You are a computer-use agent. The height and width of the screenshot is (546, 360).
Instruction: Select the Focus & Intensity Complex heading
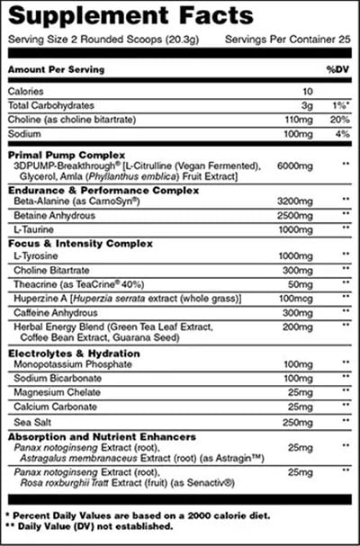coord(67,243)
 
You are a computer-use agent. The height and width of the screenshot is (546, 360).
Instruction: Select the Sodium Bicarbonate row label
coord(58,380)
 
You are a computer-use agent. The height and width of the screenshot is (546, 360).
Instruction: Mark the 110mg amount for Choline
coord(296,119)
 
